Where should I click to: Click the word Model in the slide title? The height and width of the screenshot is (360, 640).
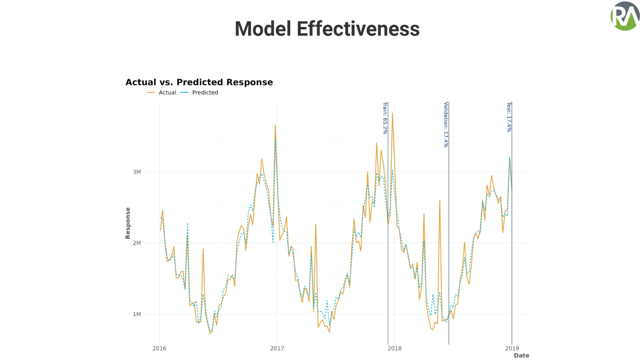(263, 29)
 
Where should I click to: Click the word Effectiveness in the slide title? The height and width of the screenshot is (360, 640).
(358, 29)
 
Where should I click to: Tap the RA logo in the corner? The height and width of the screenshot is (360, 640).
(625, 16)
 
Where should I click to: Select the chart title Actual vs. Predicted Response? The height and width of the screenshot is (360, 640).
(199, 82)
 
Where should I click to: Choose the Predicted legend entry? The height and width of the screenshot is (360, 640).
(199, 93)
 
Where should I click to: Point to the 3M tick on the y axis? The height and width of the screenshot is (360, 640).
(137, 172)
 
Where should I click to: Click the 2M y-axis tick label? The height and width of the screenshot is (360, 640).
(137, 243)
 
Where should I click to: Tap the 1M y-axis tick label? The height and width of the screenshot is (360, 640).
(137, 314)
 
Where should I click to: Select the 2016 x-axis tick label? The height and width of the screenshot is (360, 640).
(159, 348)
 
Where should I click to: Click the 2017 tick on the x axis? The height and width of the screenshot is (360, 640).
(277, 348)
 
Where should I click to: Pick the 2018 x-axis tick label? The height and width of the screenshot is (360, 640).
(395, 348)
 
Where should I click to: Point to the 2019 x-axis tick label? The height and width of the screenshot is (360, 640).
(512, 348)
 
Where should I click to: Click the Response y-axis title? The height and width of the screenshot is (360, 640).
(128, 223)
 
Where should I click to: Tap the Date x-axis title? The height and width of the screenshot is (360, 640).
(522, 356)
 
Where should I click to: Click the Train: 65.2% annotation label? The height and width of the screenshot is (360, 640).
(385, 118)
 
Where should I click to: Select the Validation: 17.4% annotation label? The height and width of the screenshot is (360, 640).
(446, 125)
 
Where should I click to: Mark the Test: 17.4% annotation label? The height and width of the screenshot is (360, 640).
(509, 117)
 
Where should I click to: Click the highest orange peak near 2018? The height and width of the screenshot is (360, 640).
(392, 113)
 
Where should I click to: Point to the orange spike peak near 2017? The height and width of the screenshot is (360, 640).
(275, 125)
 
